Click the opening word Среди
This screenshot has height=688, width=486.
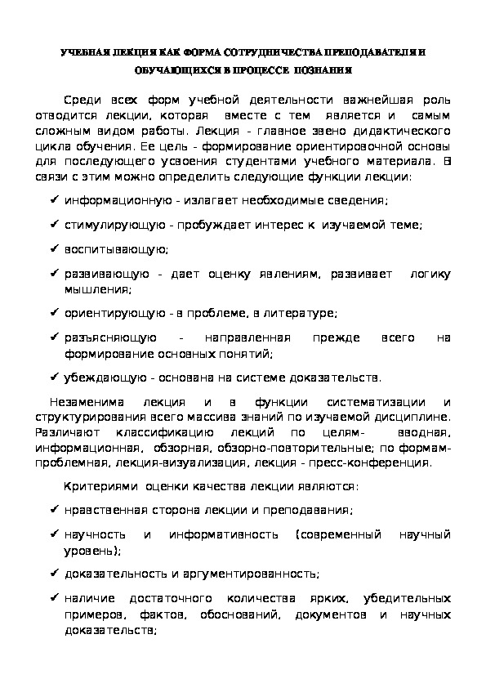tap(80, 101)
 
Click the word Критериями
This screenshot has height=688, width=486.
tap(100, 486)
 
